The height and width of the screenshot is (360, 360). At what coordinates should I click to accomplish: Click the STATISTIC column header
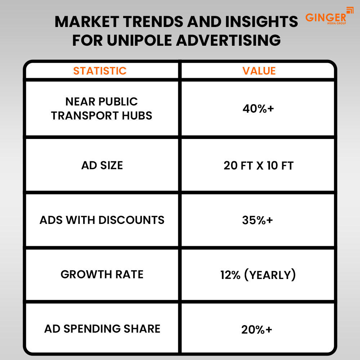100,71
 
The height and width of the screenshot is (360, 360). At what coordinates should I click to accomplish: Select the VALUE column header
259,71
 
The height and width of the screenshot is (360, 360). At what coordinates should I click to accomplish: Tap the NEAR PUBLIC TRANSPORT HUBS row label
102,109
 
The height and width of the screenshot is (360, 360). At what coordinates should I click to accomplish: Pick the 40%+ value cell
258,109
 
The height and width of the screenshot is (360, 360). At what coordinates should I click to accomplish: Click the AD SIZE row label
102,166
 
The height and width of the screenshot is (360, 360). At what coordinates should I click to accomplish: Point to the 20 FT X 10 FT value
258,166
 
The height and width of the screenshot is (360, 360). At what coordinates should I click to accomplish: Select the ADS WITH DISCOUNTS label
102,220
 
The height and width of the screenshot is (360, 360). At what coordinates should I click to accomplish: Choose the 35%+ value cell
258,220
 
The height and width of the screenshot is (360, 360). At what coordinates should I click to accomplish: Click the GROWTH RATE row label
102,275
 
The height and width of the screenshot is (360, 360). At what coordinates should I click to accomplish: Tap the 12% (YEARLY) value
258,275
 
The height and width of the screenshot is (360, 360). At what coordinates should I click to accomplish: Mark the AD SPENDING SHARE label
102,329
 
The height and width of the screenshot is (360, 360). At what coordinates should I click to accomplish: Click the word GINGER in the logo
326,18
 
